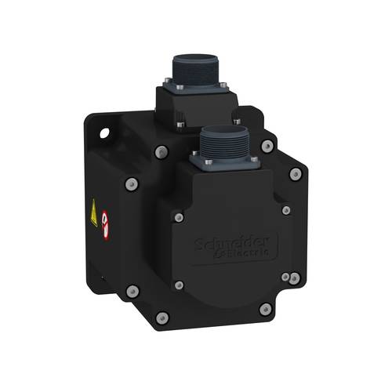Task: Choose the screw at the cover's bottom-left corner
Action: click(x=179, y=285)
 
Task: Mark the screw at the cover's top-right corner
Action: click(x=285, y=210)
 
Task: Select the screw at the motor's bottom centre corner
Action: click(x=162, y=317)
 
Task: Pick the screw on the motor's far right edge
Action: click(x=296, y=175)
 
